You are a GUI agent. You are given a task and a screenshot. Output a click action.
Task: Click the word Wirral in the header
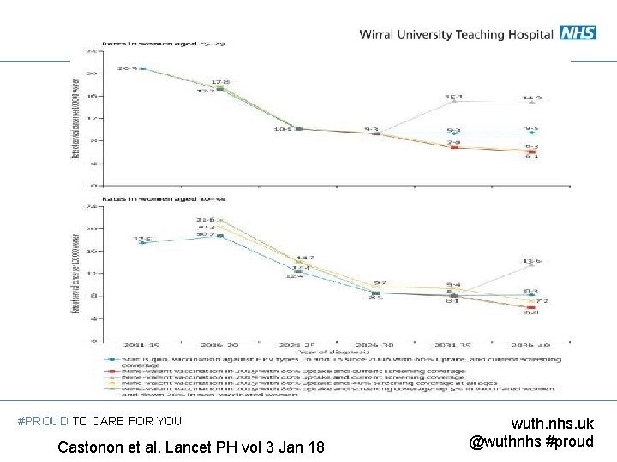click(380, 33)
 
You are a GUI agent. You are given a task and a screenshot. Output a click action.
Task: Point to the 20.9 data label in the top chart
click(128, 68)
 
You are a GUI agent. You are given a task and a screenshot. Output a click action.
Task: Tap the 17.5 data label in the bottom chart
click(142, 239)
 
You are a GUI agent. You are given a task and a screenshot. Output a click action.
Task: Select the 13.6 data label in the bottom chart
click(532, 261)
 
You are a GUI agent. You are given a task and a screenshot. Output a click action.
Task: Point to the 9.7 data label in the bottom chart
click(380, 282)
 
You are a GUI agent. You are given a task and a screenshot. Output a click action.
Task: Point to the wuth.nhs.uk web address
click(552, 423)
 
